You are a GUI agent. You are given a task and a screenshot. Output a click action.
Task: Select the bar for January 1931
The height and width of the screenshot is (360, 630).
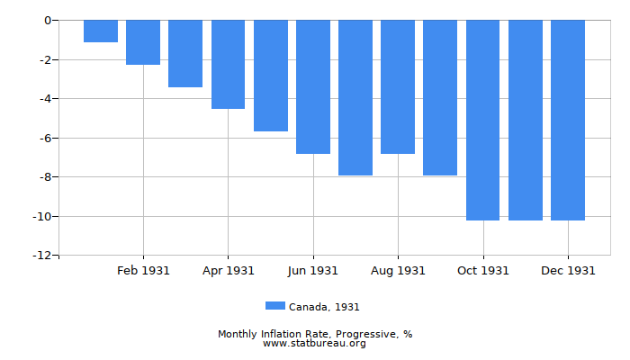pos(101,31)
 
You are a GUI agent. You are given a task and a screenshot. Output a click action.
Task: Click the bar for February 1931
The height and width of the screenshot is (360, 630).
pos(143,42)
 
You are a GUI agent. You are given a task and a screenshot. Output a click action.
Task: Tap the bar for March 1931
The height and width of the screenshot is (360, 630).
pos(185,53)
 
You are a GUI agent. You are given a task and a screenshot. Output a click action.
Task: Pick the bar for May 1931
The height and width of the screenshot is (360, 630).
pos(271,76)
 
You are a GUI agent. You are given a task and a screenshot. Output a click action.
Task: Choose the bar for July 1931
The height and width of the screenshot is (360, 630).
pos(355,97)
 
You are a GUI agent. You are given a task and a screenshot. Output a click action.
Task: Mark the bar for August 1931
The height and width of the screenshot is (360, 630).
pos(398,86)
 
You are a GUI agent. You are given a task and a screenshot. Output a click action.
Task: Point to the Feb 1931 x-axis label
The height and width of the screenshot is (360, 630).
pos(143,270)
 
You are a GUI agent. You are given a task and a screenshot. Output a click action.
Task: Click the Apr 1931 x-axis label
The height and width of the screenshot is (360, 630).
pos(228,270)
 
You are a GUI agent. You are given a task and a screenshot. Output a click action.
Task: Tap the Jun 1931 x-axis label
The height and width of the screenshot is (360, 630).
pos(313,270)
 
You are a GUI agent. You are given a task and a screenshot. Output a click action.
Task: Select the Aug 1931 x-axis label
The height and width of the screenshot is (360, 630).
pos(398,270)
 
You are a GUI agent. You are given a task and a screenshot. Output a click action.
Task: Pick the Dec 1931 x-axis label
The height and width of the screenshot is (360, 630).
pos(568,270)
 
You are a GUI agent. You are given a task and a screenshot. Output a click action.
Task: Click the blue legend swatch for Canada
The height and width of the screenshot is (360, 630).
pos(275,306)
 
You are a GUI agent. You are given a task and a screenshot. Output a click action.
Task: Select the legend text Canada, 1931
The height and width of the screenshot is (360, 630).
pos(324,307)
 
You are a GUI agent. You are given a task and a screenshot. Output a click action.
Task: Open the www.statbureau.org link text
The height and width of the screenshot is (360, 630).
pos(315,343)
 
